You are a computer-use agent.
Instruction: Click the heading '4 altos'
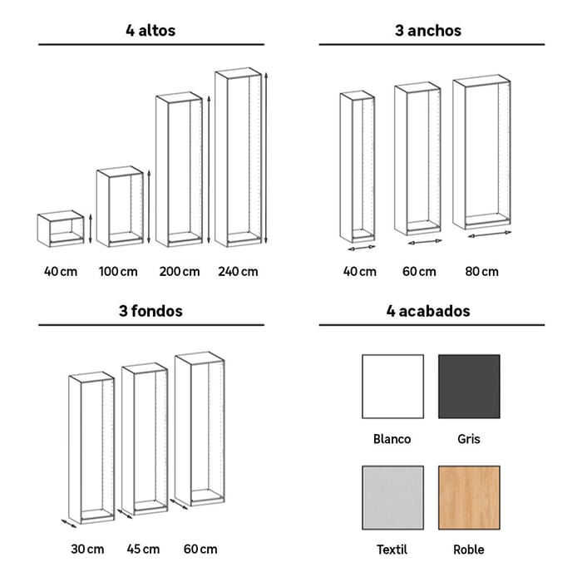[150, 31]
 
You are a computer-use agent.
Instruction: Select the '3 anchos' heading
[428, 31]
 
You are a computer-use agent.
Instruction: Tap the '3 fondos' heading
[150, 311]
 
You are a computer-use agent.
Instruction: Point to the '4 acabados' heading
[428, 311]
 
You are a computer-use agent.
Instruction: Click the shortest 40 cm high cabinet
[61, 229]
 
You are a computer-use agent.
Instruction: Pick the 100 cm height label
[118, 272]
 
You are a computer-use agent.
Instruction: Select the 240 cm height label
[238, 272]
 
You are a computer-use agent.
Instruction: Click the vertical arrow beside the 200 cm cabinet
[209, 170]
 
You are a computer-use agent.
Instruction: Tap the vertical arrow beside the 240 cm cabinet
[266, 159]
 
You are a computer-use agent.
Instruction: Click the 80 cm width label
[481, 272]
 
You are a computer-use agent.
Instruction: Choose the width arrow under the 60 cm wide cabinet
[425, 242]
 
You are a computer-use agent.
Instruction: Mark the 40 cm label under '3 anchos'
[360, 272]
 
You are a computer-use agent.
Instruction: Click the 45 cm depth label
[143, 549]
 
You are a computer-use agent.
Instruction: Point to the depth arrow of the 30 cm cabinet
[69, 523]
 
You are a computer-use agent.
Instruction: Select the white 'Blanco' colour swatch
[392, 387]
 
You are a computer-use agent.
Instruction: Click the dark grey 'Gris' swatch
[469, 387]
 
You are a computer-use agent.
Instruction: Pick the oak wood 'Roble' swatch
[469, 498]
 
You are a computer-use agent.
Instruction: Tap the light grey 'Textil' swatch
[392, 498]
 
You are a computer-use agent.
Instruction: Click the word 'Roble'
[469, 550]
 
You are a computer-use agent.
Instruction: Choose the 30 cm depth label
[87, 549]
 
